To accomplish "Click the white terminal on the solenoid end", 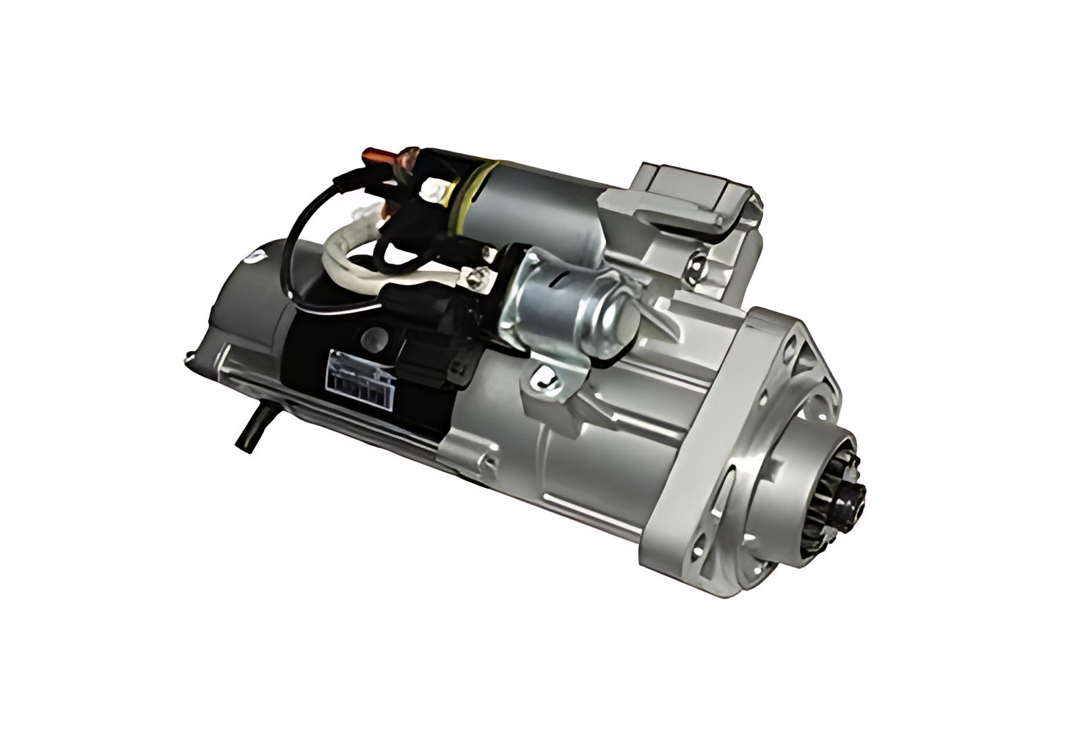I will pyautogui.click(x=434, y=185).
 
